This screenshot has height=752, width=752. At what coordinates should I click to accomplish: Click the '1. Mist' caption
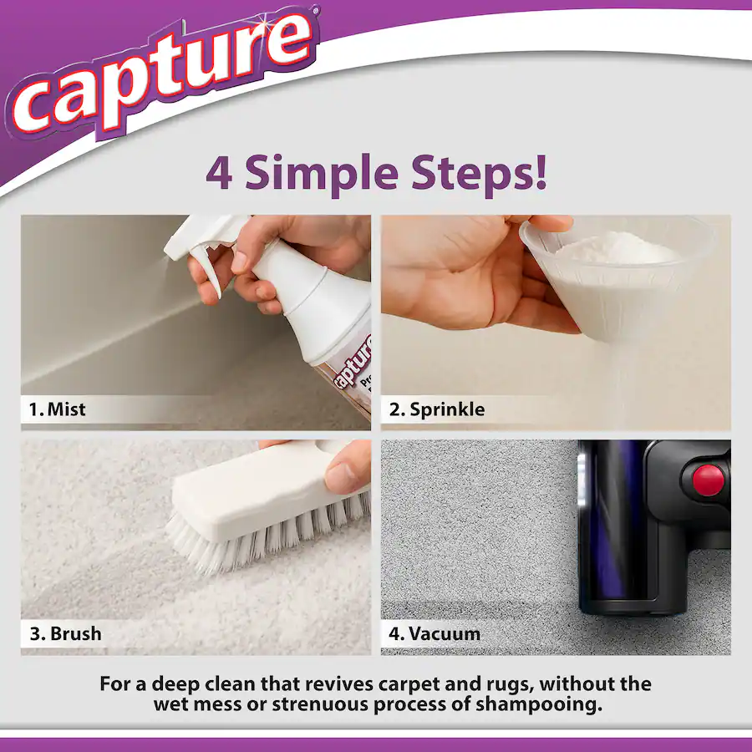[58, 409]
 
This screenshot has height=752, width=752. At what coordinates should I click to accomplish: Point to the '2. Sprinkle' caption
[437, 409]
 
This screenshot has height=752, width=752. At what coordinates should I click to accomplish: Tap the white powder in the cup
[618, 248]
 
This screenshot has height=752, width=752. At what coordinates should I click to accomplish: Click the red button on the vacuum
[709, 480]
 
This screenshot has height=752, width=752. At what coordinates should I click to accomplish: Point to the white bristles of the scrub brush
[267, 535]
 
